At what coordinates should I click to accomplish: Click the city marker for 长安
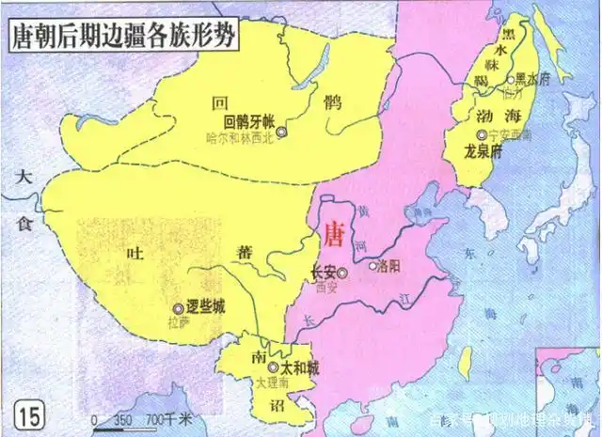point(342,273)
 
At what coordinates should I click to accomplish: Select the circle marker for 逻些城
point(177,308)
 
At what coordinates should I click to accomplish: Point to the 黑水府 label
point(533,80)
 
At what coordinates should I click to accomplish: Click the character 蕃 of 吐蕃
point(244,252)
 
